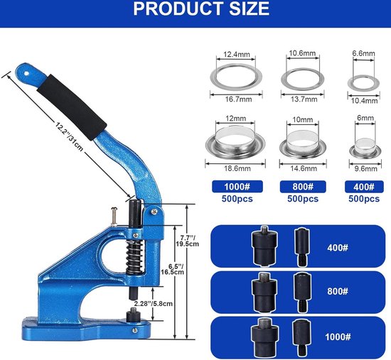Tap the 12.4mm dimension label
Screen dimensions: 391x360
[x=237, y=54]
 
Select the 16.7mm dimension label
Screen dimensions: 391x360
[x=238, y=99]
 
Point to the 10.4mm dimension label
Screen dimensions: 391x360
[x=364, y=101]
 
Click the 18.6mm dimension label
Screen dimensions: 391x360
[x=237, y=168]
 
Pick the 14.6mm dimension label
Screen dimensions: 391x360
[x=304, y=168]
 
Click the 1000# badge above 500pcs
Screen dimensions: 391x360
[x=237, y=187]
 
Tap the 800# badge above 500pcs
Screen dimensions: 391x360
[x=303, y=187]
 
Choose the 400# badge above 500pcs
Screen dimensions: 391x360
[x=364, y=187]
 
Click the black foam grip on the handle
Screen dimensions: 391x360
[x=72, y=107]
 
